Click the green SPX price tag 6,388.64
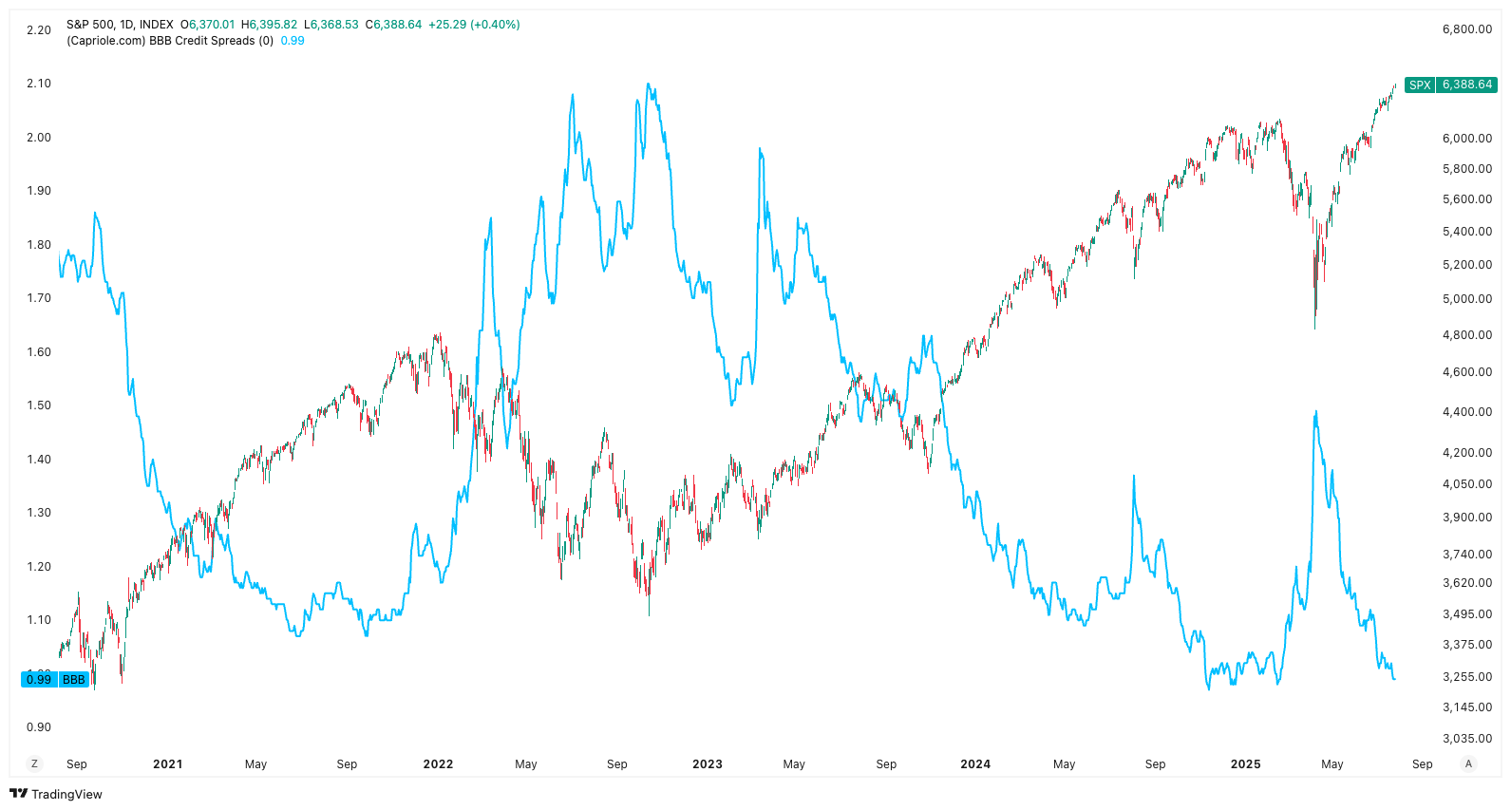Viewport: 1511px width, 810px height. click(1450, 85)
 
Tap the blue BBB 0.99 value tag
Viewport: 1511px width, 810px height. click(54, 679)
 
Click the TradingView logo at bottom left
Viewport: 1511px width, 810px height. click(56, 794)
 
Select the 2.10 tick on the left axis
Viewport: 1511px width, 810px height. click(39, 84)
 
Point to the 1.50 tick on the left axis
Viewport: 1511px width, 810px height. click(39, 405)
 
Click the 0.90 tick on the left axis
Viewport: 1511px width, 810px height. click(39, 727)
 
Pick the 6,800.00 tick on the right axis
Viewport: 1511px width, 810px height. click(1466, 29)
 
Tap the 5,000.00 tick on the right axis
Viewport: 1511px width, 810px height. click(1466, 299)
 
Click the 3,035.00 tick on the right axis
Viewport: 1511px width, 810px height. click(1466, 739)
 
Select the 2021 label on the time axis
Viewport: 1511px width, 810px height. click(167, 764)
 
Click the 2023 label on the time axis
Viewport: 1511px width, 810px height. click(707, 764)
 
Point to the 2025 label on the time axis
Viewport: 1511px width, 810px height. click(1245, 764)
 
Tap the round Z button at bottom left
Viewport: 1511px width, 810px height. click(35, 763)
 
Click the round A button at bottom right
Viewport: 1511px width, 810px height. click(1468, 763)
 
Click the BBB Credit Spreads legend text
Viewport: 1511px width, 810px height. click(170, 41)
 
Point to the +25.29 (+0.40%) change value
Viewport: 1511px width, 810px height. click(474, 25)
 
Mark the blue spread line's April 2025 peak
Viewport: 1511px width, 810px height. click(1315, 412)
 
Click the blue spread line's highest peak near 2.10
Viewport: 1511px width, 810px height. click(649, 85)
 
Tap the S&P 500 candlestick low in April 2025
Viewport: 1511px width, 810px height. click(1314, 328)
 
